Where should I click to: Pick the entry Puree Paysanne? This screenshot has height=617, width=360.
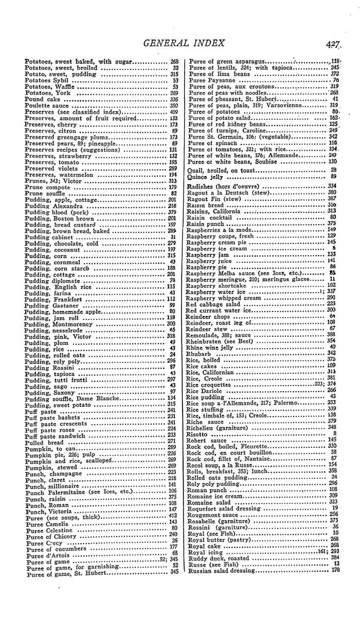point(212,81)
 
